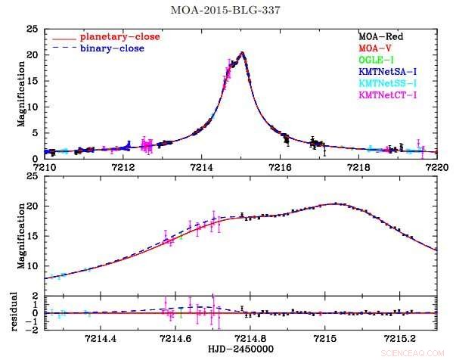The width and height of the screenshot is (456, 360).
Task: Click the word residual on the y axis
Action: (12, 313)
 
